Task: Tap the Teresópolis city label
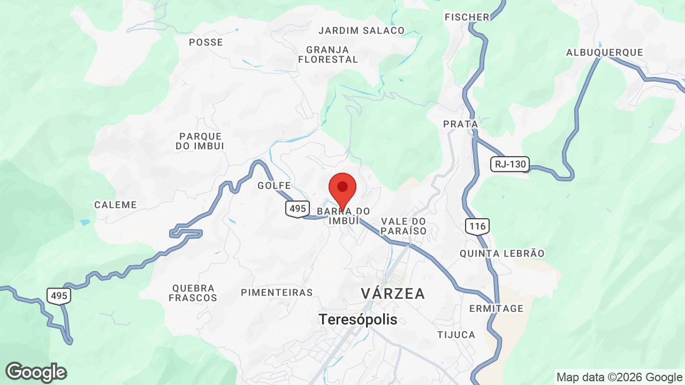point(358,319)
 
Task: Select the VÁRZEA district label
point(393,294)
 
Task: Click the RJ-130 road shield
point(510,164)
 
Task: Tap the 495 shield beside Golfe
point(296,209)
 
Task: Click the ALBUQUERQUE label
point(604,52)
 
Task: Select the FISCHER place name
point(467,17)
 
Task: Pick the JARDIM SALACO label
point(362,30)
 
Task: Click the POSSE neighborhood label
point(206,42)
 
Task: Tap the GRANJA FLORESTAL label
point(328,55)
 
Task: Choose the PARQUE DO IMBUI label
point(201,141)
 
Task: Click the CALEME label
point(116,205)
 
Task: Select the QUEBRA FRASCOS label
point(193,293)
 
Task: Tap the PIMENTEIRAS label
point(277,292)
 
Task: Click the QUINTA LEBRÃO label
point(502,253)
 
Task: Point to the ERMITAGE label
point(496,309)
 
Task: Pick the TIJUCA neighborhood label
point(456,335)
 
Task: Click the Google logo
point(36,372)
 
